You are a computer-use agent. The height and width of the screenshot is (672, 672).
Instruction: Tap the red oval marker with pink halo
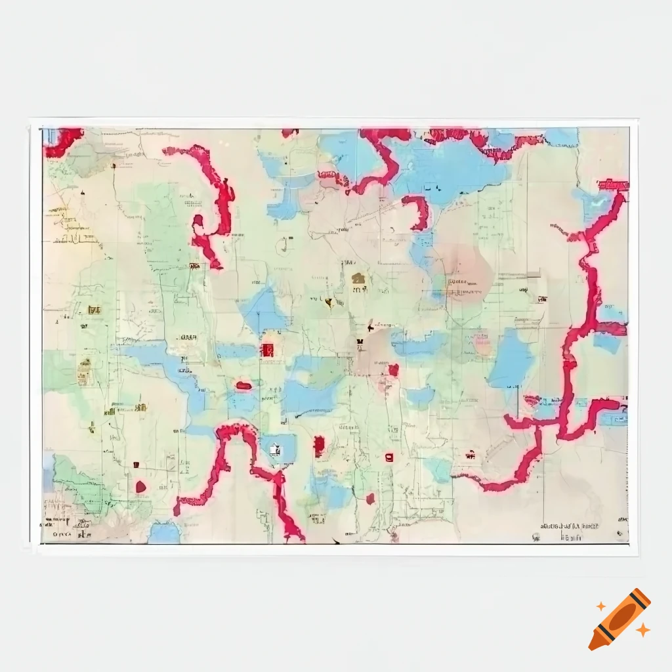point(243,385)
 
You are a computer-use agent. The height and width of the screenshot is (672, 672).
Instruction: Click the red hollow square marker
point(389,457)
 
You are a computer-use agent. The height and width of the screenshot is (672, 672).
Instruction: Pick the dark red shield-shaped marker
point(140,487)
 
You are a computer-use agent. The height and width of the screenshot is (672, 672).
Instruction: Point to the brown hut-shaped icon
point(358,279)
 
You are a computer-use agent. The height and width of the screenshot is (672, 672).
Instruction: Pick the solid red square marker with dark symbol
point(268,349)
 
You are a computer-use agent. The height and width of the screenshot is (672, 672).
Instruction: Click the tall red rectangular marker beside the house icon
point(319,446)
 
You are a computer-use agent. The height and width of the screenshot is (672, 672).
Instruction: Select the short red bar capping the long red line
point(613,186)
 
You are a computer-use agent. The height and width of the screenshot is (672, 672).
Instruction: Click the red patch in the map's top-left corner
point(62,141)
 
